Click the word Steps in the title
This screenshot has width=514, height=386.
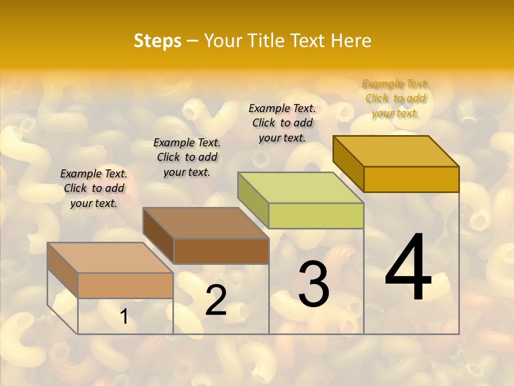tap(157, 41)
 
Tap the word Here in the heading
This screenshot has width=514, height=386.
tap(351, 41)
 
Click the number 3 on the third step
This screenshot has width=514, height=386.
tap(314, 284)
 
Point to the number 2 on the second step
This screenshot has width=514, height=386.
tap(216, 300)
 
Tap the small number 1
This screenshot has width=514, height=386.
tap(124, 317)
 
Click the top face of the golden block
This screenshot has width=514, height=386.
tap(396, 151)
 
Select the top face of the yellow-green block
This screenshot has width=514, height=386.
tap(300, 187)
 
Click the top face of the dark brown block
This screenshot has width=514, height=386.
tap(206, 222)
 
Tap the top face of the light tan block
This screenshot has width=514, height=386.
tap(110, 257)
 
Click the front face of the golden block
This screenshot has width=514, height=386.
tap(411, 179)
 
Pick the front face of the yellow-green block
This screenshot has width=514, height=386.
tap(316, 216)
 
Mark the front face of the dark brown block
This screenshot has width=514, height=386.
tap(221, 251)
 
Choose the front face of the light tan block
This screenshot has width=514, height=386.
tap(125, 285)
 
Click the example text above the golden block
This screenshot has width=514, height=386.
tap(395, 98)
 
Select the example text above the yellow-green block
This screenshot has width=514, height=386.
tap(282, 123)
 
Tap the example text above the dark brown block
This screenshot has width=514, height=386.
tap(187, 157)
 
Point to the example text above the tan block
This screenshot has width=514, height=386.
tap(94, 188)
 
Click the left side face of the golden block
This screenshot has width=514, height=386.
tap(348, 162)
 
